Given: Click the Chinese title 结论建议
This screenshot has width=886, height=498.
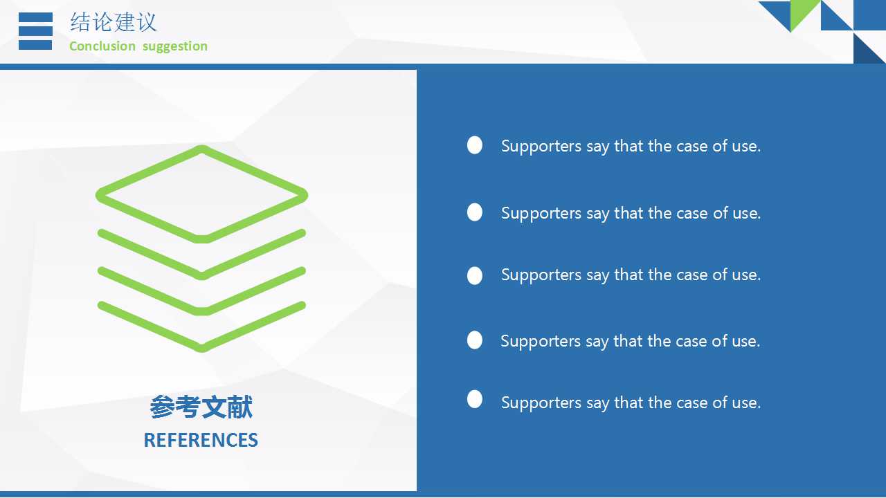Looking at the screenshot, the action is (114, 21).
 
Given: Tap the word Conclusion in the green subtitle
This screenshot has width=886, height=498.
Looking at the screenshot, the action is (102, 46).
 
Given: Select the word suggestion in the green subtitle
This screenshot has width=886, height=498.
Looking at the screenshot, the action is (175, 46).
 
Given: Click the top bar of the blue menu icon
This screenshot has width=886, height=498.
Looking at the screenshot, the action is (35, 17).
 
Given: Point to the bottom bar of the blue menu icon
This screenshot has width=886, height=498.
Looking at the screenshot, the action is (35, 45).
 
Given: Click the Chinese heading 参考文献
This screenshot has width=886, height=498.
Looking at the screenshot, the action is (201, 407).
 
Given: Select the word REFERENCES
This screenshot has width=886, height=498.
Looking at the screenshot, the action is (201, 440).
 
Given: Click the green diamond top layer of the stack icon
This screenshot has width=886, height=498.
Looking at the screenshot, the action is (201, 149).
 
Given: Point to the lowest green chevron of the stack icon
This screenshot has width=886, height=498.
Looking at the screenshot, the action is (201, 347).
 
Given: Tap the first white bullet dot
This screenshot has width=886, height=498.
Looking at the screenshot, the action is (475, 145).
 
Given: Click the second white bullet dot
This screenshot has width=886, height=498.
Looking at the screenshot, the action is (475, 212).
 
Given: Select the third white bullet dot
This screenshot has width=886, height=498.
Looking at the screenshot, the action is (475, 275).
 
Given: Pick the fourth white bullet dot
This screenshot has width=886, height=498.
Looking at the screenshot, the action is (475, 340).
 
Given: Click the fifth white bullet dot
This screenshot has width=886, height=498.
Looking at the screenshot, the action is (475, 399).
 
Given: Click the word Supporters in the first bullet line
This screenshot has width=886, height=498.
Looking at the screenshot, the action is (541, 147).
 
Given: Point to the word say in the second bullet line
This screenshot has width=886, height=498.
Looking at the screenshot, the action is (597, 214).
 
